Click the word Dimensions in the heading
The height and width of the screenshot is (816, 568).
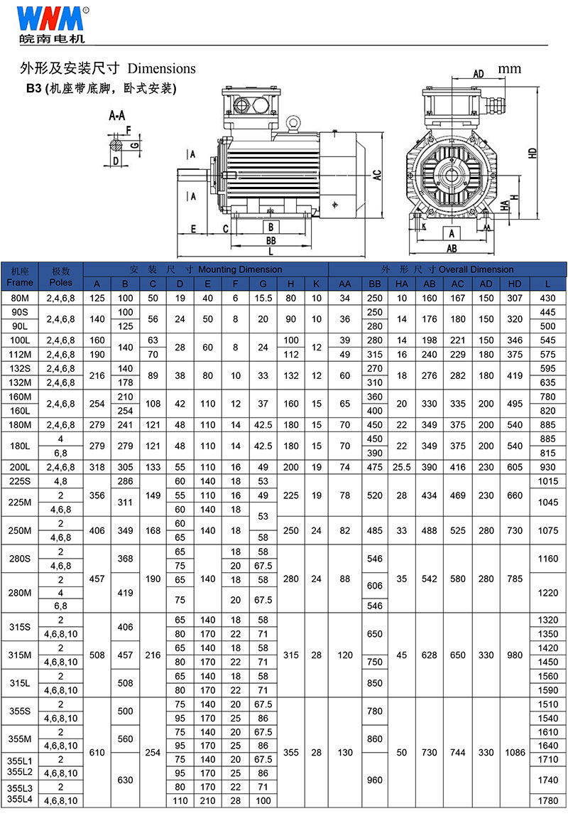click(162, 69)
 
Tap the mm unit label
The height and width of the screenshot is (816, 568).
click(509, 68)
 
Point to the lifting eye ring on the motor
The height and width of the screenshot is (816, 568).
click(294, 124)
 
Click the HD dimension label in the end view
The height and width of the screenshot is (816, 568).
click(532, 153)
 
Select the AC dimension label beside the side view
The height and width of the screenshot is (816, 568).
click(377, 175)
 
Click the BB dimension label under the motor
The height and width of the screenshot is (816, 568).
click(271, 240)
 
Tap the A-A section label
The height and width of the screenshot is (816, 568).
click(117, 116)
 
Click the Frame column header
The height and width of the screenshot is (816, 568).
click(20, 283)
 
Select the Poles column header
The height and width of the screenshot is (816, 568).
click(61, 283)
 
